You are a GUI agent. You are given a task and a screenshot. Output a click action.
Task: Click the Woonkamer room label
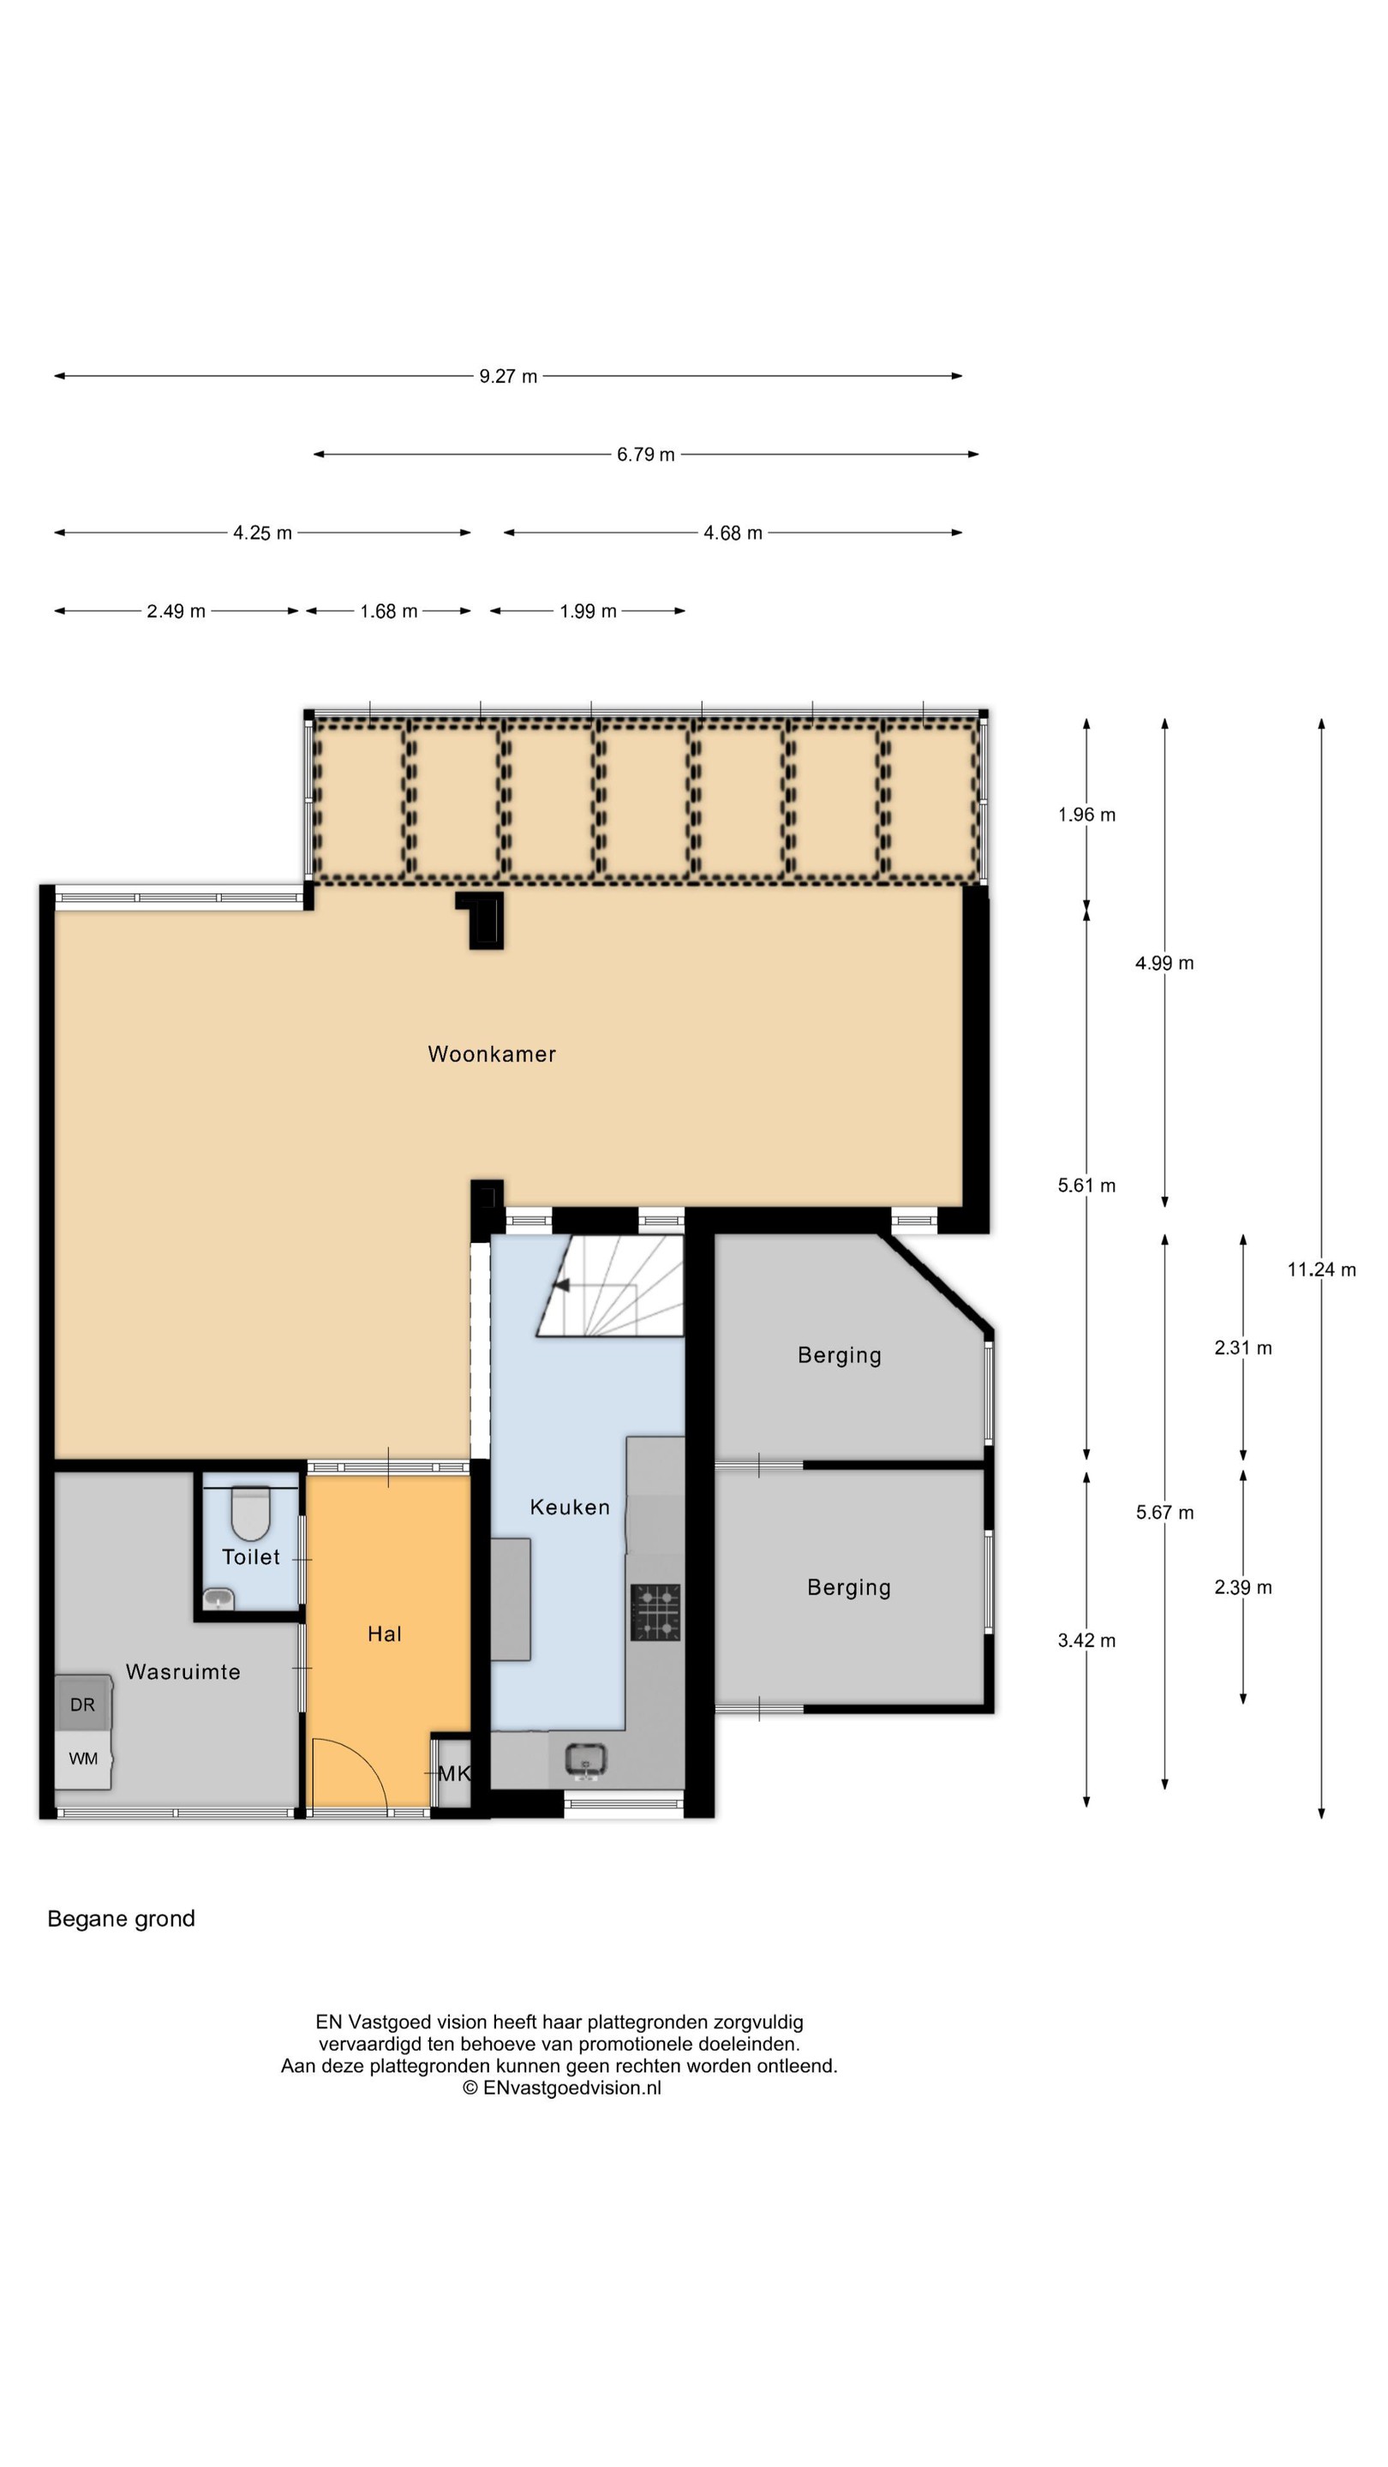click(492, 1054)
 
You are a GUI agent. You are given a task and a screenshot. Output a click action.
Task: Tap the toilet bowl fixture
click(251, 1512)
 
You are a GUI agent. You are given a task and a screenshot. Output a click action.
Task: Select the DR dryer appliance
click(82, 1704)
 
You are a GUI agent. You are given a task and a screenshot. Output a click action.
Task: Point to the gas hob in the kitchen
click(655, 1612)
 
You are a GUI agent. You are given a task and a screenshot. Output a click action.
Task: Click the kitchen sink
click(585, 1759)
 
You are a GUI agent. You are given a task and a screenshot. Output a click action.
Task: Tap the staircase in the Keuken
click(610, 1285)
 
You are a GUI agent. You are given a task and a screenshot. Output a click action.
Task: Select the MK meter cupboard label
click(454, 1774)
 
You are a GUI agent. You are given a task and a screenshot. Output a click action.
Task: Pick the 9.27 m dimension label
click(509, 376)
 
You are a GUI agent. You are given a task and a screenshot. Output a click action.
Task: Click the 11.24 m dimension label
click(1321, 1269)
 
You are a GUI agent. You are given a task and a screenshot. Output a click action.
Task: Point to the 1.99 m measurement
click(588, 611)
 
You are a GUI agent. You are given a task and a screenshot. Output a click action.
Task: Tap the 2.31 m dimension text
click(1242, 1348)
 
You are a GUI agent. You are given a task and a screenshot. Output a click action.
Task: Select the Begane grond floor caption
click(122, 1938)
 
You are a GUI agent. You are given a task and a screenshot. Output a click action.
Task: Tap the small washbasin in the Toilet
click(219, 1598)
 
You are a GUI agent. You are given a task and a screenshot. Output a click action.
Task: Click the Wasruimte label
click(183, 1672)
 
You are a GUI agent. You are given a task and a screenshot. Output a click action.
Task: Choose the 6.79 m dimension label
click(646, 455)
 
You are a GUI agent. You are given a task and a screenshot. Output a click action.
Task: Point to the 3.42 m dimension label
click(1086, 1640)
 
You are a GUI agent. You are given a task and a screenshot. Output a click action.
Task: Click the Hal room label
click(384, 1634)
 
